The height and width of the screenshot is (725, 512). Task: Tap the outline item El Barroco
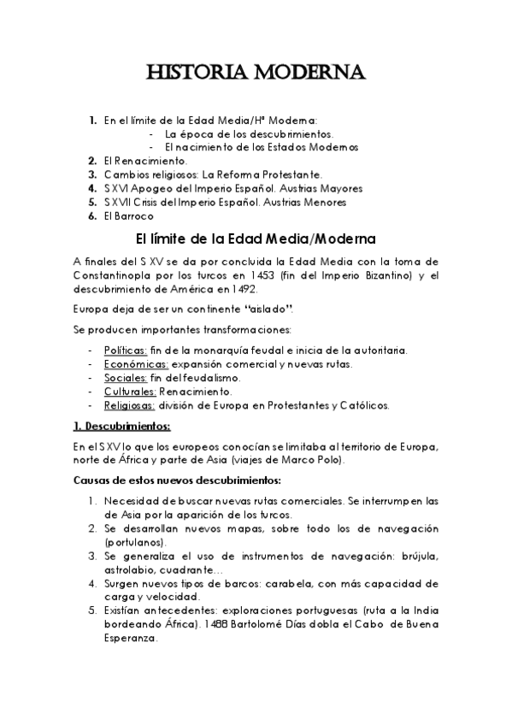[127, 216]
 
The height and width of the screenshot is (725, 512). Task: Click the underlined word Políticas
[126, 351]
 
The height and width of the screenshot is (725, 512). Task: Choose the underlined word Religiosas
[129, 405]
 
